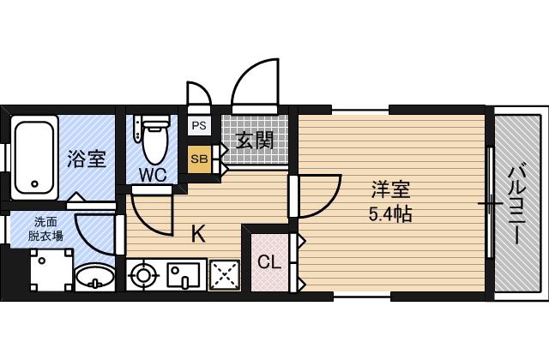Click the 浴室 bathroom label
point(87,159)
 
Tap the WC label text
point(153,175)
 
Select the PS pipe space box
point(199,125)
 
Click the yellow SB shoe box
point(199,159)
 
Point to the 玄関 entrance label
point(254,141)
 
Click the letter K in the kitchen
point(198,234)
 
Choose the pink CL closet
point(269,261)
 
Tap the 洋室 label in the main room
point(390,189)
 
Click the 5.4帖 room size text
point(390,213)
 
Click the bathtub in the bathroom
point(34,158)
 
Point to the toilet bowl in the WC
point(155,144)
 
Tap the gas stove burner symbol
point(143,275)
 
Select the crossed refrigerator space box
point(225,275)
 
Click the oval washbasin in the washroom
point(95,278)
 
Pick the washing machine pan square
point(51,270)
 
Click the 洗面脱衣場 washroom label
point(45,229)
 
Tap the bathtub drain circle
point(34,183)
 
